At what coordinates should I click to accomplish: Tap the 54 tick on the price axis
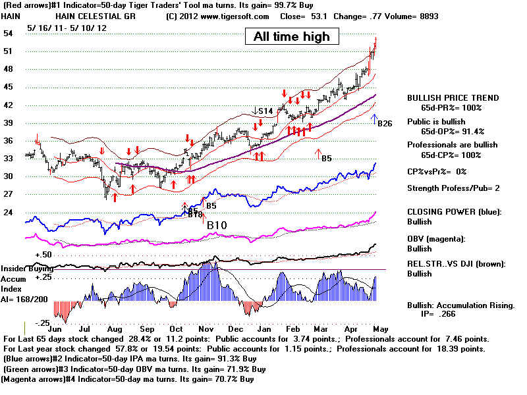coord(8,33)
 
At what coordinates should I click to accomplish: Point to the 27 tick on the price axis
coord(8,194)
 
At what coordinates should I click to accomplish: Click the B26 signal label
coord(384,122)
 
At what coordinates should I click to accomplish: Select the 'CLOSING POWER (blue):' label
coord(454,212)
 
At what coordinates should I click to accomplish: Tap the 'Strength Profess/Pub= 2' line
coord(453,188)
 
